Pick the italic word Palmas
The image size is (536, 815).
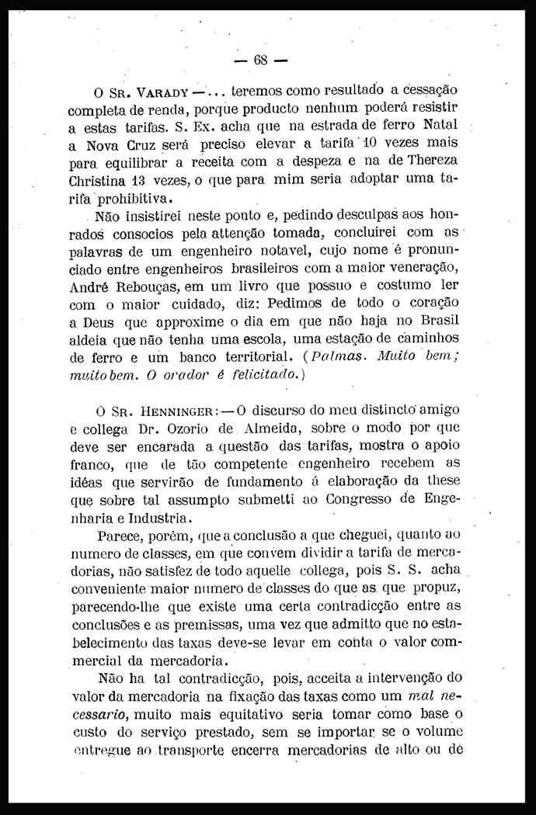pyautogui.click(x=313, y=357)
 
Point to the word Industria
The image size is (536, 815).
pyautogui.click(x=154, y=518)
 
